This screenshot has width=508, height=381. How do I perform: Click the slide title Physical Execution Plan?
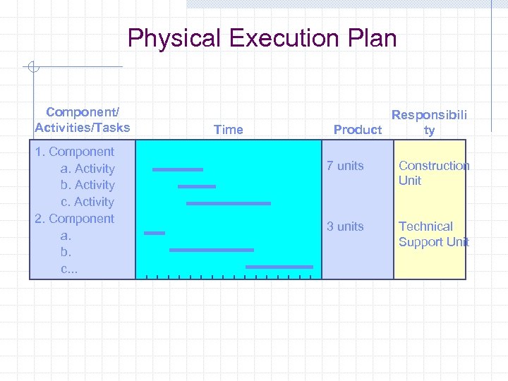coord(262,38)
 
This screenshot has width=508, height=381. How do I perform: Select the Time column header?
coord(228,129)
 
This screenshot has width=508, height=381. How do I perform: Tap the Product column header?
coord(357,129)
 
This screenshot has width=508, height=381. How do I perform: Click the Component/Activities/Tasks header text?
coord(83,120)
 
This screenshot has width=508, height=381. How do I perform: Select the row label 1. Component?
coord(74,152)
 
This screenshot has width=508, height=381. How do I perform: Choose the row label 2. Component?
coord(74,219)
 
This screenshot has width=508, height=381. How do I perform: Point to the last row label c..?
coord(68,269)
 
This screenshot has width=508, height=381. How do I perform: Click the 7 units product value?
coord(345,166)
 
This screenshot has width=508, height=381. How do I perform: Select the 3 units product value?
coord(345,226)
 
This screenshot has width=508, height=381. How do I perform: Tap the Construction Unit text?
coord(433,173)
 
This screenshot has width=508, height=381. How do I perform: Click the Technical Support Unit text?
coord(433,234)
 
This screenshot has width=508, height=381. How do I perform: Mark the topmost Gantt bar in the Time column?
coord(177,169)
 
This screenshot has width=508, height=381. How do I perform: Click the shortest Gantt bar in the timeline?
coord(155,233)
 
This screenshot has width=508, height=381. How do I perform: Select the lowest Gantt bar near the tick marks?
coord(279,267)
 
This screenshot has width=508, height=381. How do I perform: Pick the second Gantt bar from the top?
coord(196,186)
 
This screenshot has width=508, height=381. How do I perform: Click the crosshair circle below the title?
coord(32,68)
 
